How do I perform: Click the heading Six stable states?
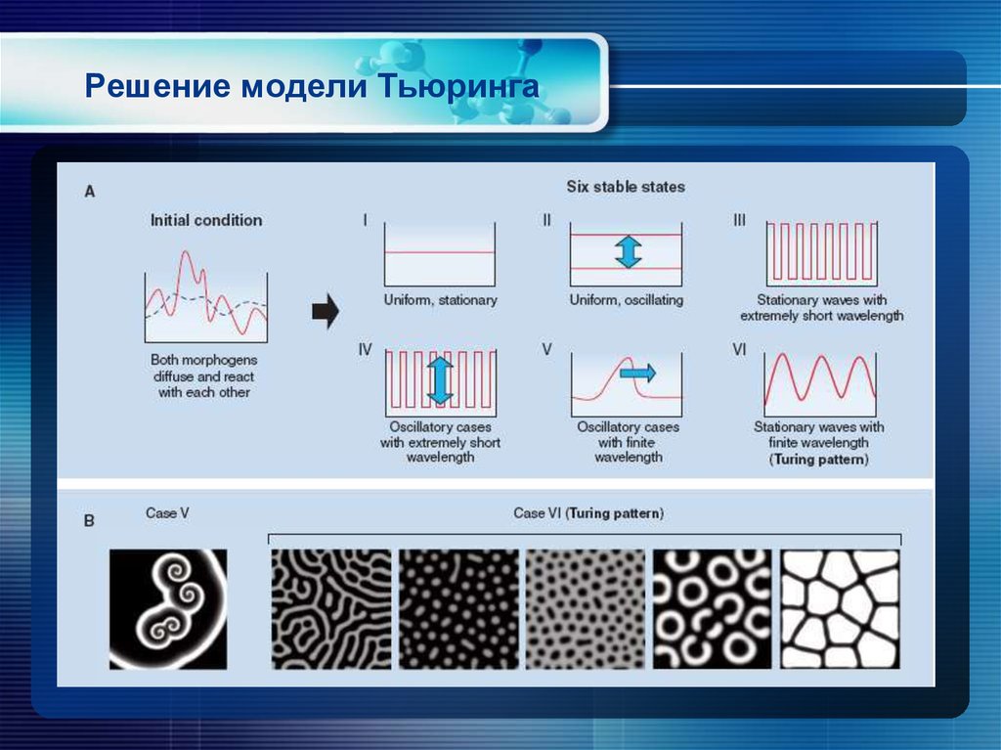coord(626,186)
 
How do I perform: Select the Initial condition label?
coord(205,220)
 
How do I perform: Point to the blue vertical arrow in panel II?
coord(627,251)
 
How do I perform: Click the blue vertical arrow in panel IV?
coord(440,380)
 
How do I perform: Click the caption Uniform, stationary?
coord(440,300)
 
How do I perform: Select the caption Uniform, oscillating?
coord(627,300)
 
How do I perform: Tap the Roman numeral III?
coord(739,221)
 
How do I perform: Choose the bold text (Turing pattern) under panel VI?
coord(819,458)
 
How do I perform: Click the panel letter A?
coord(89,192)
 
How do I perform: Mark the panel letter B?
coord(89,521)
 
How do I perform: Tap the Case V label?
coord(167,511)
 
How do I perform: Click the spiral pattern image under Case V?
coord(168,608)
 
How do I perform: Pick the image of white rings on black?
coord(712,608)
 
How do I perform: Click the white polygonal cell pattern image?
coord(839,608)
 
